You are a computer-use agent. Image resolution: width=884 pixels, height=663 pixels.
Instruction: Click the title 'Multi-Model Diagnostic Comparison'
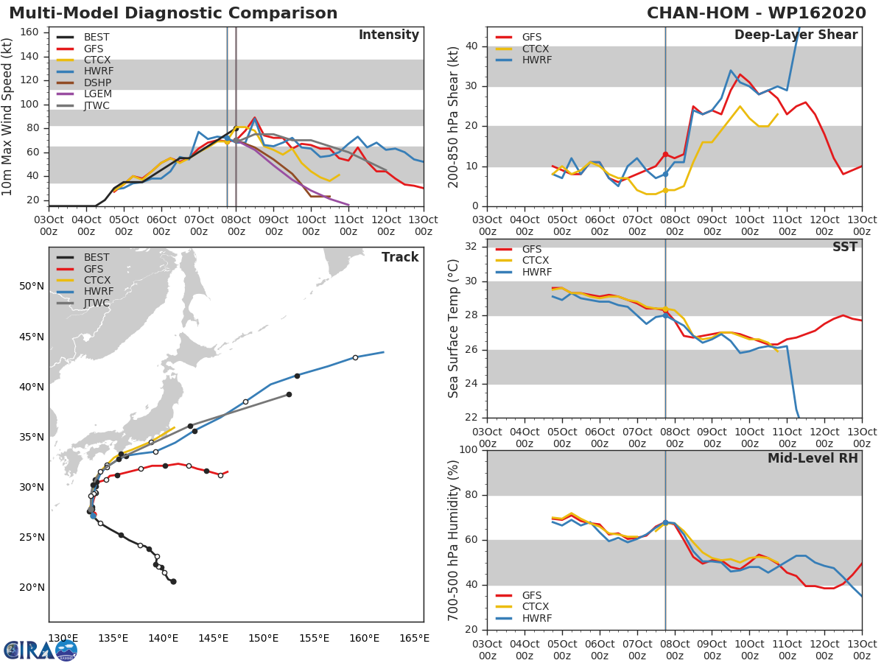173,13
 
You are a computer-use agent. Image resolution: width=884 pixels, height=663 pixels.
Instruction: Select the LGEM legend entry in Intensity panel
97,94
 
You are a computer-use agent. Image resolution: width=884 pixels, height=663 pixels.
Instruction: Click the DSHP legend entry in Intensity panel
97,83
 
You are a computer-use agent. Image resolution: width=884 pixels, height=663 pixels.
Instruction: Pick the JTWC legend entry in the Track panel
97,303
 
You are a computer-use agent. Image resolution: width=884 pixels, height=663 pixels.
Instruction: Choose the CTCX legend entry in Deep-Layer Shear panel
536,49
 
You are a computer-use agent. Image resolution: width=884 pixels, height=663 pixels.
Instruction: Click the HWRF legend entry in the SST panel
536,272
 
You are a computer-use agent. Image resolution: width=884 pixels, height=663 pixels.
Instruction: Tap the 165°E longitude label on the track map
414,638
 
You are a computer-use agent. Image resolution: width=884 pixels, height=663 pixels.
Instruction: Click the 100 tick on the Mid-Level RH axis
467,450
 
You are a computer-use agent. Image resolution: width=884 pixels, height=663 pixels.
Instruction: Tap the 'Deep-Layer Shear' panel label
796,35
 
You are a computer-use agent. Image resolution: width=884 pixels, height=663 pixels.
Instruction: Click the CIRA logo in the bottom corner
41,650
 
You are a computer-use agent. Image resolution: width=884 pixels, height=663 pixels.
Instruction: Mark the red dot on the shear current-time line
665,154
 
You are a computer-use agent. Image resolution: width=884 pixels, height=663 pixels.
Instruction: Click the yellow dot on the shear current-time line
665,190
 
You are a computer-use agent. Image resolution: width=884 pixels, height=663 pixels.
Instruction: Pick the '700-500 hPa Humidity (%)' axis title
453,539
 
